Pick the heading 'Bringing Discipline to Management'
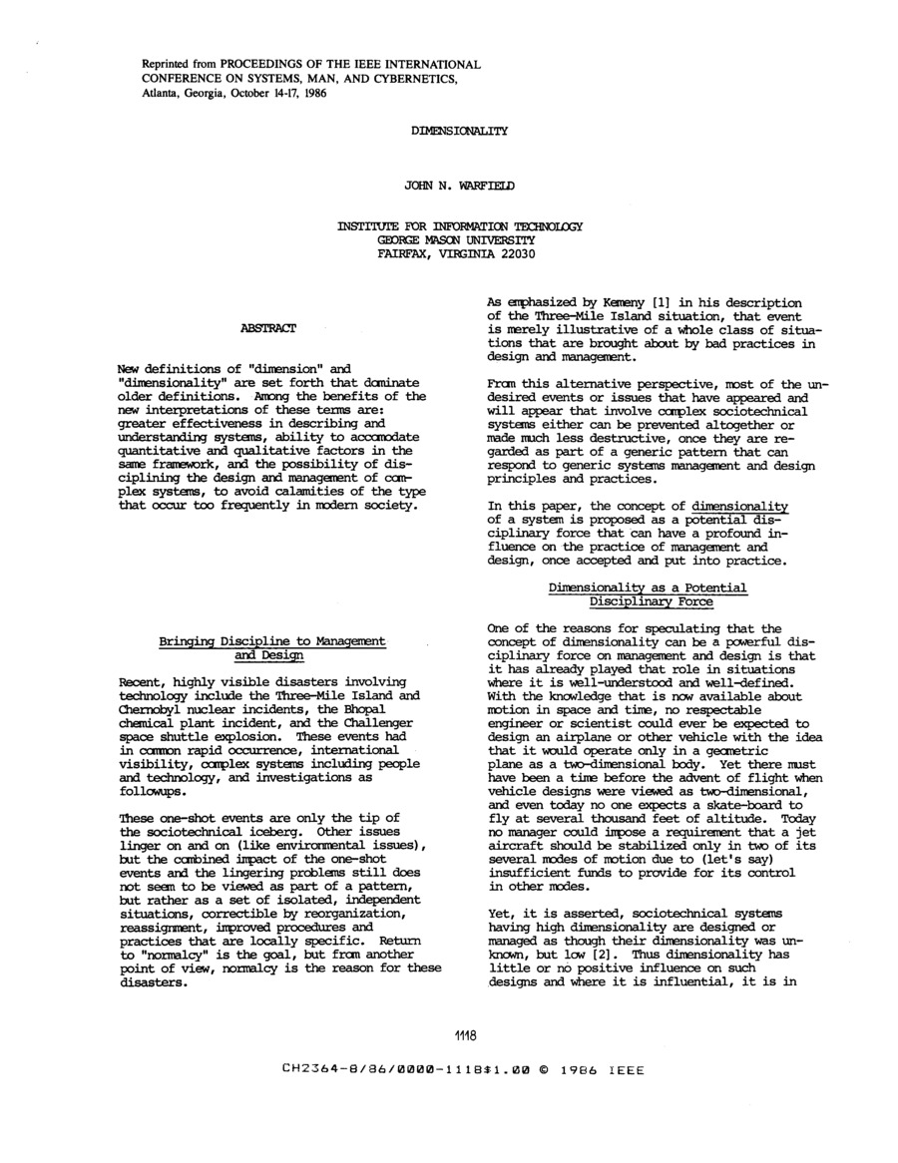point(272,640)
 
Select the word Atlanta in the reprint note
point(159,94)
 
